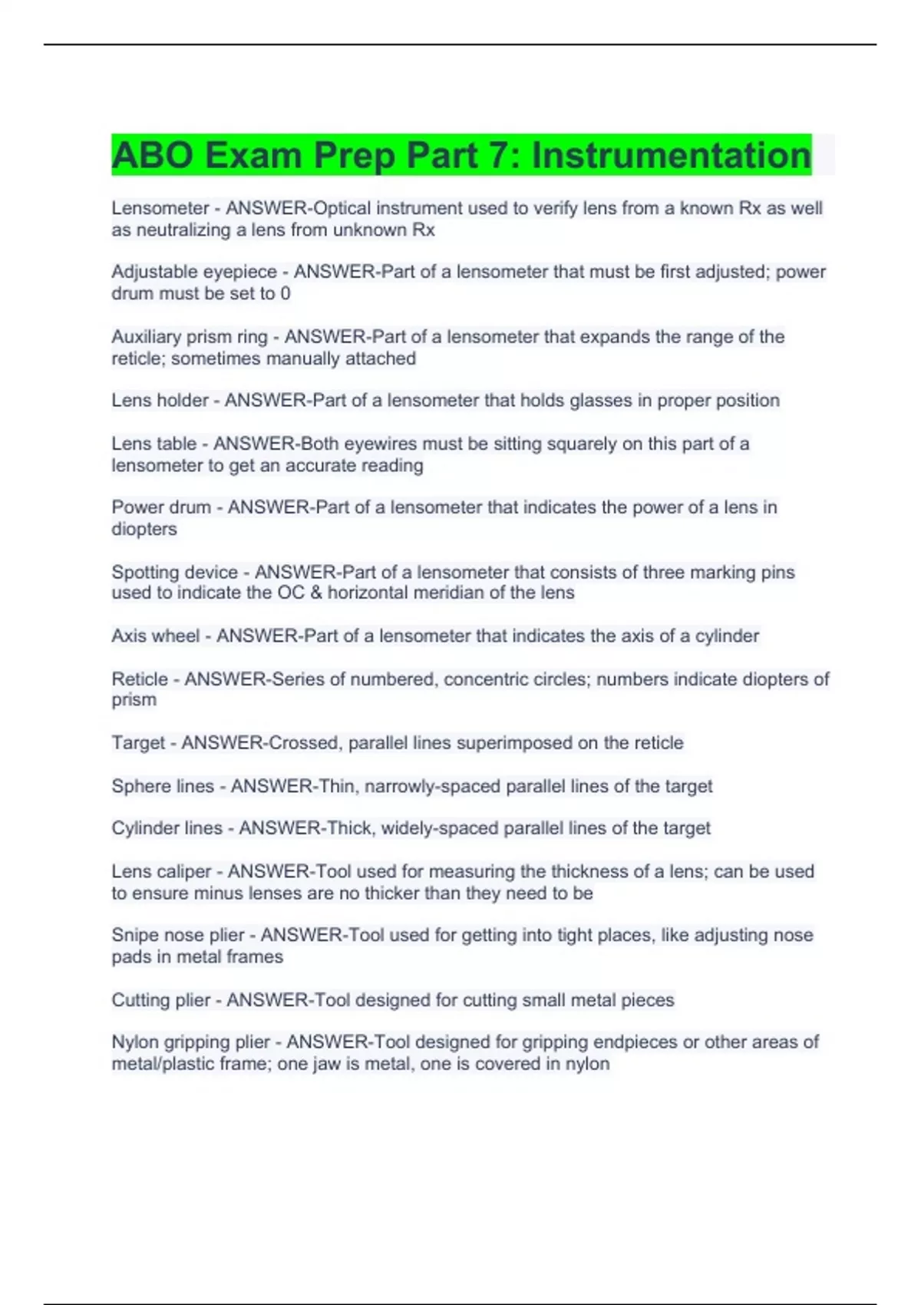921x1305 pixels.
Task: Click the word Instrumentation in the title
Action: pos(671,155)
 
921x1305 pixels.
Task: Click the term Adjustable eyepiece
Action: pos(194,272)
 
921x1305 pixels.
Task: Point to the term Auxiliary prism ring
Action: pos(190,337)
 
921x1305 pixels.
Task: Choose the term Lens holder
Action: pos(160,401)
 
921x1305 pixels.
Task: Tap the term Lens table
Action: pos(153,444)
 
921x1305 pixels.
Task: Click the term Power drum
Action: pos(161,507)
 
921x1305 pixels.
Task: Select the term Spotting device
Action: pos(174,572)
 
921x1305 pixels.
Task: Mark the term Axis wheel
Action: pos(155,636)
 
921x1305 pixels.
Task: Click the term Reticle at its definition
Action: pos(140,679)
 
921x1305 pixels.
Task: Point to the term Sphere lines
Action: pos(163,786)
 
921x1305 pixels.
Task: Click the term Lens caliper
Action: pos(161,871)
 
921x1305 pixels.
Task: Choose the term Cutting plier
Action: pos(160,1000)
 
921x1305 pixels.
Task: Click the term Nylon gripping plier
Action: pos(190,1042)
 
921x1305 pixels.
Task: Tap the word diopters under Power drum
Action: pos(144,529)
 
